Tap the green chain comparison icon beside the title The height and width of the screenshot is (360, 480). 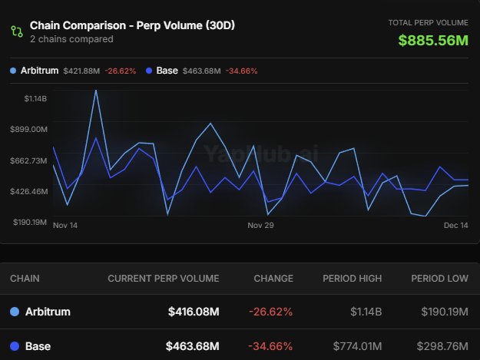(16, 31)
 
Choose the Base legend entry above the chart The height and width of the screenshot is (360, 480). (167, 71)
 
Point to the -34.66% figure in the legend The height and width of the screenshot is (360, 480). (241, 71)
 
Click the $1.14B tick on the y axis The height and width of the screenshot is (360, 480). (35, 99)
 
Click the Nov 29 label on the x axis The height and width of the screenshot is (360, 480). (260, 226)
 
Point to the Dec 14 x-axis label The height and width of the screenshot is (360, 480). (456, 226)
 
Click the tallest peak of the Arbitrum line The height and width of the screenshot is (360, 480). (96, 91)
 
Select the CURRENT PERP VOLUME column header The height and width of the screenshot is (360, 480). (163, 279)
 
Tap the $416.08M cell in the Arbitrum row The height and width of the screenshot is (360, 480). (193, 312)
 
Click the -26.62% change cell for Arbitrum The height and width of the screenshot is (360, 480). (270, 312)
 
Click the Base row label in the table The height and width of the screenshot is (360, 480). (38, 346)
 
